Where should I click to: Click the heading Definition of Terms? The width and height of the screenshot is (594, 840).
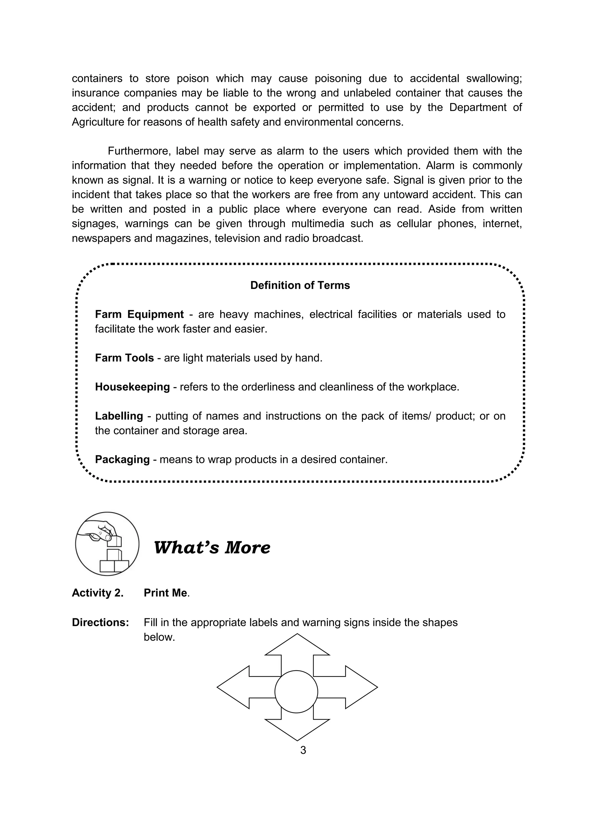click(300, 285)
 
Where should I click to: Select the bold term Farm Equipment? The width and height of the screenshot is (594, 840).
click(139, 314)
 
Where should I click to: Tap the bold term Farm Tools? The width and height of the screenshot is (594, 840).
click(124, 358)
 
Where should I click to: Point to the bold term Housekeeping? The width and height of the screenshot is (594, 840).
click(133, 387)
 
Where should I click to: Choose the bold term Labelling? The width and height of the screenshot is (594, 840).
click(119, 416)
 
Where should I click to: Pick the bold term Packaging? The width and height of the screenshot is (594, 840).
click(122, 459)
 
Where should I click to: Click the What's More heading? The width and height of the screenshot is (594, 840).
click(212, 548)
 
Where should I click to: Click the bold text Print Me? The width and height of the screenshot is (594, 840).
click(165, 593)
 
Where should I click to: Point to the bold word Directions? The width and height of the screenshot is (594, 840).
click(100, 622)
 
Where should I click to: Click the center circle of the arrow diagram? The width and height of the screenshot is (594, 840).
click(296, 691)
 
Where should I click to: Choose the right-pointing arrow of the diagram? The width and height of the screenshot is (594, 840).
click(355, 687)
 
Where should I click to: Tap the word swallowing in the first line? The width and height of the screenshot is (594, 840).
click(494, 79)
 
